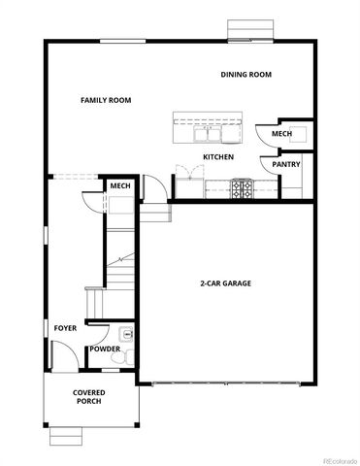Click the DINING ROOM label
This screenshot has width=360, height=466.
[245, 75]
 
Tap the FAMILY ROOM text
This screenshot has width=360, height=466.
[106, 100]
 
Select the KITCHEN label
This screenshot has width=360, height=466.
[217, 157]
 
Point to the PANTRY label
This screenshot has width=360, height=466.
[285, 165]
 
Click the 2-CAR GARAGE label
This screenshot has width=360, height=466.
[226, 283]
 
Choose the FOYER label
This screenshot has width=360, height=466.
[65, 328]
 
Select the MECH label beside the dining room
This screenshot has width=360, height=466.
[281, 134]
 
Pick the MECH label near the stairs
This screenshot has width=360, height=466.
[120, 185]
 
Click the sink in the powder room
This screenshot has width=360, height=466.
[127, 335]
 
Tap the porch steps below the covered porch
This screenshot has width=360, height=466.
[68, 434]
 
